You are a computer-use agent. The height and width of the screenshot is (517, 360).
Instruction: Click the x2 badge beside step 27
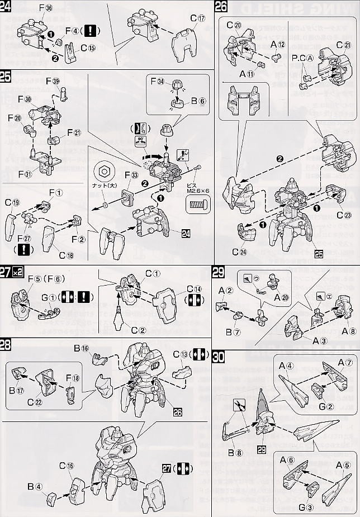[18, 272]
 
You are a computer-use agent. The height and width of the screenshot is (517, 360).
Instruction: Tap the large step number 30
[219, 357]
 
